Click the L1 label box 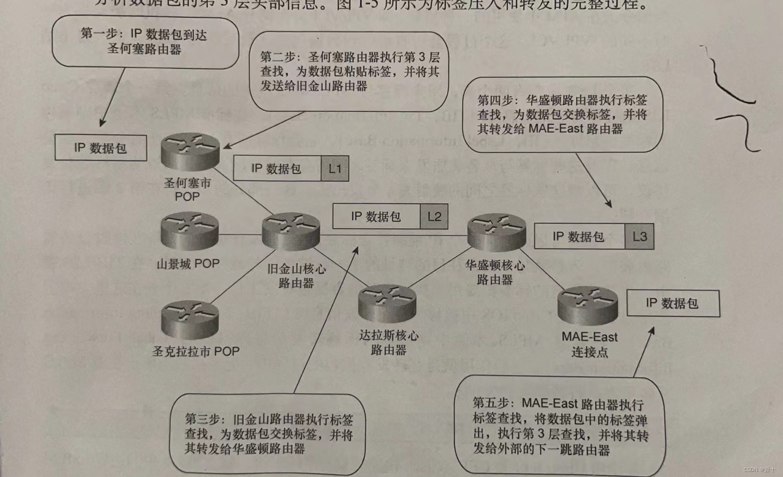tap(335, 169)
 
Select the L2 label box tap(434, 217)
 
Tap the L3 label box tap(639, 237)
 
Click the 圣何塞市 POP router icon tap(190, 152)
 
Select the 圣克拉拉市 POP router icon tap(190, 319)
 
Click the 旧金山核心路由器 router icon tap(291, 231)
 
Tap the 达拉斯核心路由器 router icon tap(387, 304)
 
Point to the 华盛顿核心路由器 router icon tap(497, 232)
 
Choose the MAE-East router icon tap(588, 306)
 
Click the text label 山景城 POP tap(188, 264)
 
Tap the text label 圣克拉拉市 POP tap(196, 352)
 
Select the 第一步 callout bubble tap(145, 42)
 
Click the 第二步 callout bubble tap(349, 72)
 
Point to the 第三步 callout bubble tap(268, 434)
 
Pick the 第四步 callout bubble tap(562, 115)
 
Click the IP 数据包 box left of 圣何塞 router tap(101, 148)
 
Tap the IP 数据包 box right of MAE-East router tap(673, 304)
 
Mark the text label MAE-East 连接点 tap(589, 344)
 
